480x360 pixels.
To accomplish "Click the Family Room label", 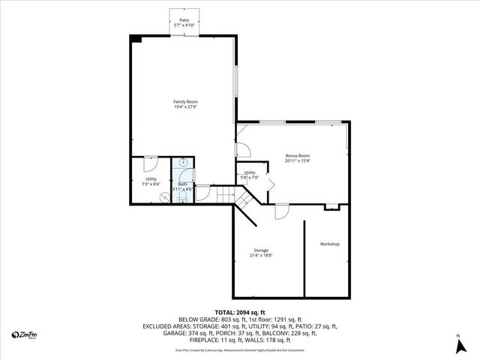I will (185, 102).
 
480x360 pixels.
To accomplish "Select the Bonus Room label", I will (298, 155).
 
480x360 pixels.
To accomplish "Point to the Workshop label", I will (330, 244).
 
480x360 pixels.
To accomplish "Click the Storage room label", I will (260, 250).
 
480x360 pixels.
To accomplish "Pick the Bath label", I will (182, 184).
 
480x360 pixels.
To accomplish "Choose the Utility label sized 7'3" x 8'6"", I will (151, 178).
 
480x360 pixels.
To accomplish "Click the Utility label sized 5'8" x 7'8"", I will (250, 172).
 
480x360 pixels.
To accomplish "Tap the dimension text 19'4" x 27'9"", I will (185, 107).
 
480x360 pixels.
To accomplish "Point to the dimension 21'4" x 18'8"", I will (260, 256).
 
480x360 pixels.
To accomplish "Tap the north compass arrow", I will (458, 346).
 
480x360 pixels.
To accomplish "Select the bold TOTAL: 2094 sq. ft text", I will (240, 312).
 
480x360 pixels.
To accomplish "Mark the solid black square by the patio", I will (136, 38).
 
